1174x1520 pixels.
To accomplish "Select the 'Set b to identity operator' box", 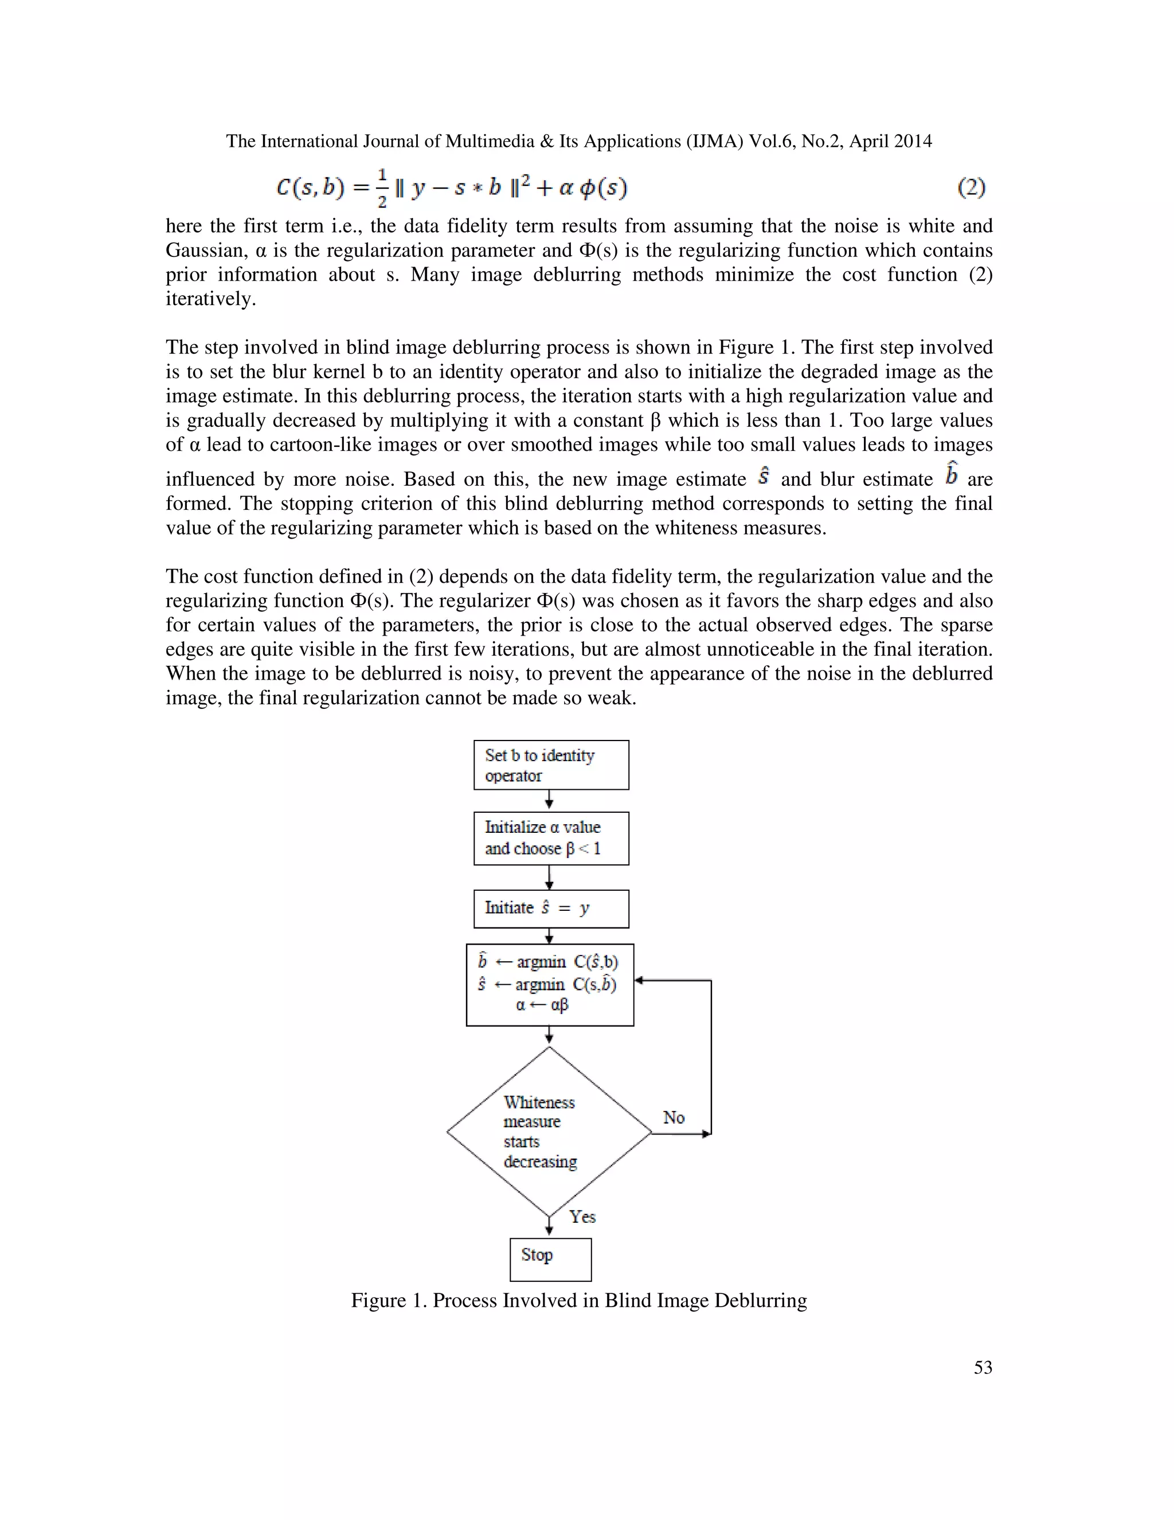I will [x=551, y=765].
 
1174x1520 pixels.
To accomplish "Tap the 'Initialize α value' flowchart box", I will [x=551, y=838].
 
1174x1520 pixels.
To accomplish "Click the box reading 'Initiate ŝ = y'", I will [x=551, y=908].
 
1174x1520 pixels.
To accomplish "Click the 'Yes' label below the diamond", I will [x=582, y=1217].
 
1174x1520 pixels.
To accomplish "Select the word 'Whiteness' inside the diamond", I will [x=539, y=1102].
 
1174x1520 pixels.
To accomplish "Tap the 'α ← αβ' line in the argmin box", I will [x=542, y=1005].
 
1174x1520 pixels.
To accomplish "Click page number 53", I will [x=982, y=1367].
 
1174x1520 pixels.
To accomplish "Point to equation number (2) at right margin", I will [x=971, y=186].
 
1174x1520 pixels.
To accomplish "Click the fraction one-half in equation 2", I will [x=382, y=188].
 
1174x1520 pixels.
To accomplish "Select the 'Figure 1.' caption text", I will [x=389, y=1301].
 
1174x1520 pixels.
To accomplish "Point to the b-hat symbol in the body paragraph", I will [x=952, y=475].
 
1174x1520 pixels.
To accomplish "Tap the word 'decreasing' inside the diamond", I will [x=541, y=1162].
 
